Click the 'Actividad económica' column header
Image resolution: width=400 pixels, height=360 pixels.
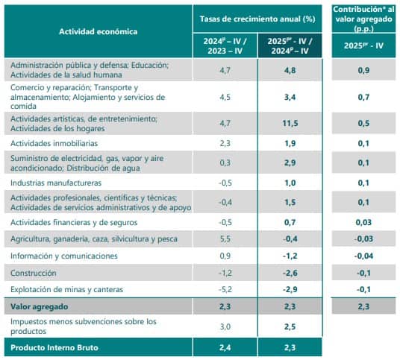pos(98,32)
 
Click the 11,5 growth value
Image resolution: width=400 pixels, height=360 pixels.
pos(290,122)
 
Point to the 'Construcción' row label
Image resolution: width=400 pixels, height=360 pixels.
pos(34,272)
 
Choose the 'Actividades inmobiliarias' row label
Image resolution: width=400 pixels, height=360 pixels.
pos(54,142)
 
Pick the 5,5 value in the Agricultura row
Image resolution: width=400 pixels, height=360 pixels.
pos(225,239)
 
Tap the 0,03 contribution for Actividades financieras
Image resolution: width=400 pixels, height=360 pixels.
pos(363,222)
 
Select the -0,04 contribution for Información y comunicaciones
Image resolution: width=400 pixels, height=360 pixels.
pos(363,256)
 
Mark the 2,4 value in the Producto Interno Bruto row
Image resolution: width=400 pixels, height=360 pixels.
pos(225,347)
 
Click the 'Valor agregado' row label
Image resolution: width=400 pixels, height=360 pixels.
pos(38,306)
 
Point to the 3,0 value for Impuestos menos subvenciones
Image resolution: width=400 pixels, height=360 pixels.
pos(225,326)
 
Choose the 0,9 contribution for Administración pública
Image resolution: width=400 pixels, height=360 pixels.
pos(363,70)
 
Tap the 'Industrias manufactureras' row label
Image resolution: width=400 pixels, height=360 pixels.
pos(56,183)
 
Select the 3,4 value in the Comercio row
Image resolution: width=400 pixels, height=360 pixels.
pos(290,97)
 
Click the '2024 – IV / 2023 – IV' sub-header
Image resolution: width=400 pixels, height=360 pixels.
pos(225,45)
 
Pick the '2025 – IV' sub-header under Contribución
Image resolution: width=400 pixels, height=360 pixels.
pos(363,45)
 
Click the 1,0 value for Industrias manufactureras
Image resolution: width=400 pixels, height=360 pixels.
pos(290,183)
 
